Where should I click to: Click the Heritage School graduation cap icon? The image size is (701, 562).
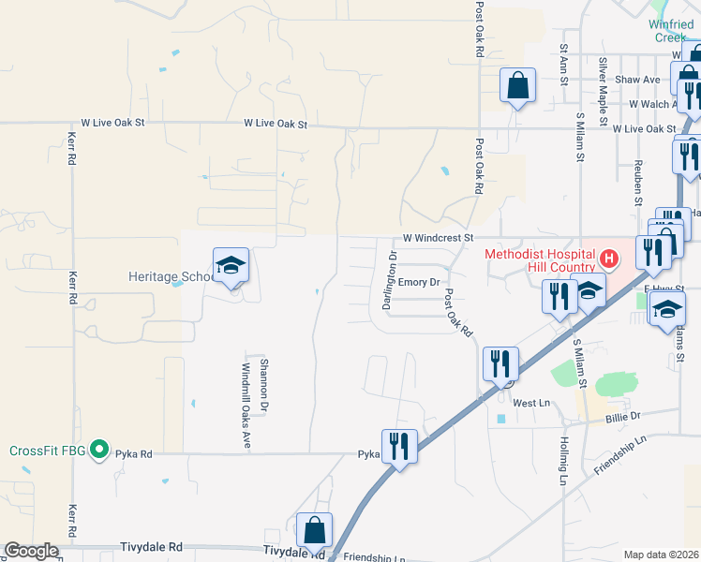(x=231, y=265)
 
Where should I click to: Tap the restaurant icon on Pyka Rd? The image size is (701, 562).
(x=399, y=447)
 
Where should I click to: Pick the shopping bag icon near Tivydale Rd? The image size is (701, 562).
(x=315, y=529)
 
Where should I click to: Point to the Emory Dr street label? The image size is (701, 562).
(x=419, y=282)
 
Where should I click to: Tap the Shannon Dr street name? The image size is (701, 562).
(x=264, y=386)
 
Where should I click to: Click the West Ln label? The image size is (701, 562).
(x=530, y=403)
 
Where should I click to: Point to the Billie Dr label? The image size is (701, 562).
(x=622, y=415)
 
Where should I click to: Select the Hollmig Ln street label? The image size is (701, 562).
(x=564, y=465)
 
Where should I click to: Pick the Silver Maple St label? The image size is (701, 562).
(x=604, y=83)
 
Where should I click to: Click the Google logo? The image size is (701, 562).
(x=31, y=551)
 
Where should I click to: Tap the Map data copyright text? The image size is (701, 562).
(x=662, y=555)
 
